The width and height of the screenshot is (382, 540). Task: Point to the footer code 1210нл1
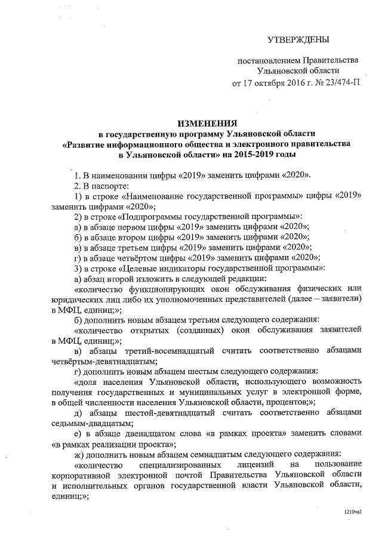click(x=353, y=512)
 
